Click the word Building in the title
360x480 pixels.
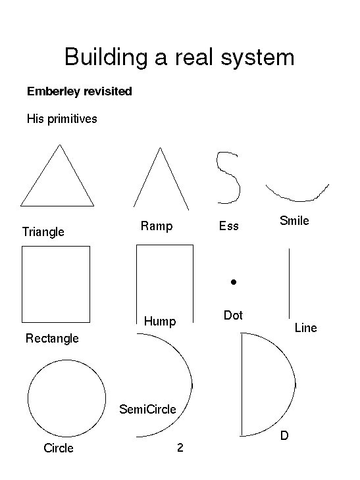(x=106, y=57)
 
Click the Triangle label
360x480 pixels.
(x=43, y=231)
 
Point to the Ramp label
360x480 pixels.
(x=157, y=226)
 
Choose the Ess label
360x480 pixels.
(x=228, y=226)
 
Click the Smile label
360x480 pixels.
(x=294, y=220)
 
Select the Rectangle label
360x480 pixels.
(x=52, y=339)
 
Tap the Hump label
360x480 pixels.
(x=160, y=322)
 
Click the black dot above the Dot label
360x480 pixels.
(x=234, y=282)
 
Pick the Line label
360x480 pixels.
(x=306, y=328)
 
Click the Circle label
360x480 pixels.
(x=59, y=448)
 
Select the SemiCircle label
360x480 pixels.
(x=147, y=409)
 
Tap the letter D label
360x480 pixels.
(x=284, y=435)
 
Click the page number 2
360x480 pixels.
(x=180, y=448)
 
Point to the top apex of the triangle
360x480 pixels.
(x=60, y=145)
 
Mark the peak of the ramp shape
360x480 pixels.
(x=160, y=147)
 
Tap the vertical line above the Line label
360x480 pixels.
(x=289, y=283)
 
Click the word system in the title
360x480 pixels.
(x=258, y=58)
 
